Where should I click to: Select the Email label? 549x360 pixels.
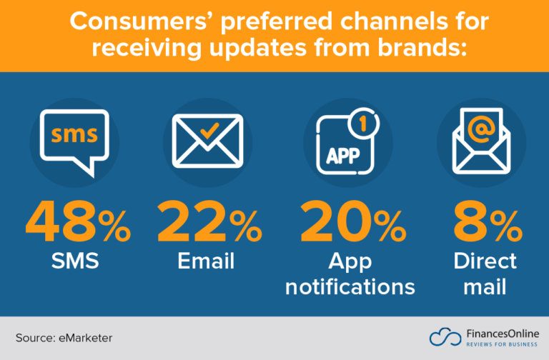(206, 261)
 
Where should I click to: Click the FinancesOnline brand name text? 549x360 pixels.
(500, 333)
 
